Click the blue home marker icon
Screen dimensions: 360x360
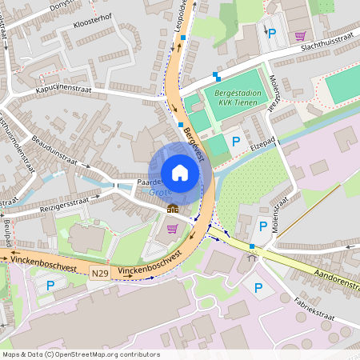[x=180, y=173]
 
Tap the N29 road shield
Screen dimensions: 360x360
[x=99, y=274]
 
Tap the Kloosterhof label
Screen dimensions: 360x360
[x=90, y=38]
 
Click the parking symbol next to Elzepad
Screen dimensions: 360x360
[x=236, y=141]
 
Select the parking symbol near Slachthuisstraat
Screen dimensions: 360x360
[x=272, y=34]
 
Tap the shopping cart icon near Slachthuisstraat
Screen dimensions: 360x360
[x=300, y=35]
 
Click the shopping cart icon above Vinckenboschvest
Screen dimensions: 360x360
[x=171, y=229]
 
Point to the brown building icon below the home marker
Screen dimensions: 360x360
[x=173, y=209]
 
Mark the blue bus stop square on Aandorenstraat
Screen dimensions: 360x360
[x=253, y=246]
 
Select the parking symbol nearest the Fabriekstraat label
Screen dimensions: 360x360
[x=258, y=288]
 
